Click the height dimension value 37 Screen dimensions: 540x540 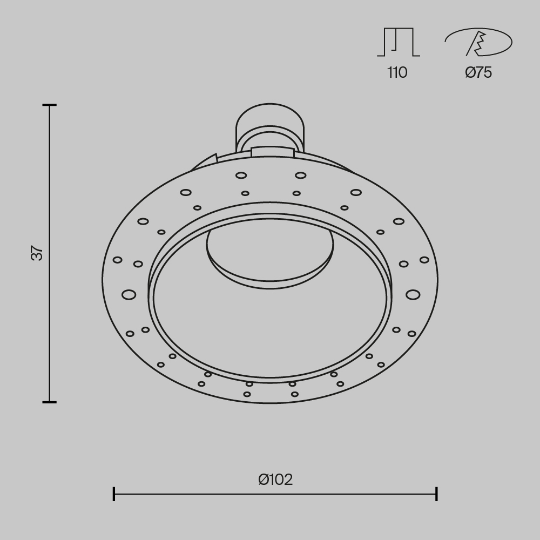click(37, 253)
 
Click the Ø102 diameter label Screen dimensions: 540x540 click(275, 480)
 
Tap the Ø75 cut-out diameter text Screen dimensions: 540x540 click(478, 72)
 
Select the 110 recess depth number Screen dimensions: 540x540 click(397, 72)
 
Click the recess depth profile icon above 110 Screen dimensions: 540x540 click(399, 42)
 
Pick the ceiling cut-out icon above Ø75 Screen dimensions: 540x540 click(478, 42)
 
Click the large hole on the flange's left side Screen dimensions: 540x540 click(129, 295)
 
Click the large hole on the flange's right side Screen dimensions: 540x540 click(413, 295)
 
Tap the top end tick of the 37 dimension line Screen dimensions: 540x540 click(50, 105)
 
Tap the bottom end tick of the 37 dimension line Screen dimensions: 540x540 click(50, 402)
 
